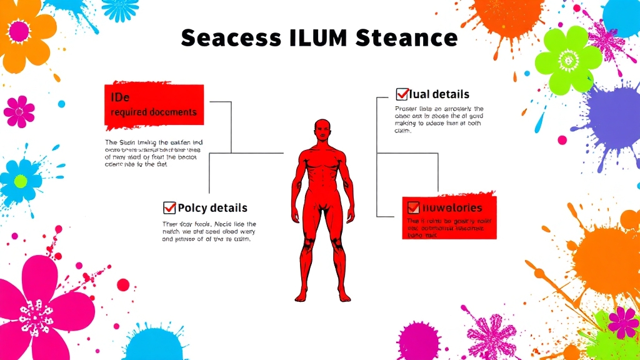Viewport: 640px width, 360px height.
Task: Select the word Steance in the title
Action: point(406,38)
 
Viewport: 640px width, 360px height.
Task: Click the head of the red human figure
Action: point(322,131)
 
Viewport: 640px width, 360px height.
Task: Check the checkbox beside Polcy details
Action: point(169,207)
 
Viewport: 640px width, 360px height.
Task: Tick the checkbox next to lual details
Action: point(402,94)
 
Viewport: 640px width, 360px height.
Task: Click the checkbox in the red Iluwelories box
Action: point(413,207)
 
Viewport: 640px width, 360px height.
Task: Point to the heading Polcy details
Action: point(212,208)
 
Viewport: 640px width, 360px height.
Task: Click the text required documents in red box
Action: point(153,112)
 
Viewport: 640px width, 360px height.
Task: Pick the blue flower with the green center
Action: point(21,180)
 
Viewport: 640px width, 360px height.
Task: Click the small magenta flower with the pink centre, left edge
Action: point(19,112)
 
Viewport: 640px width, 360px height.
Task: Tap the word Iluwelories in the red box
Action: point(452,207)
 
